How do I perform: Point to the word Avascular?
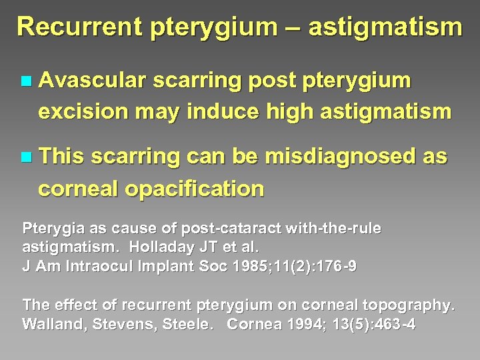coord(92,81)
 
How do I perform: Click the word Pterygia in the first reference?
coord(50,229)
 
